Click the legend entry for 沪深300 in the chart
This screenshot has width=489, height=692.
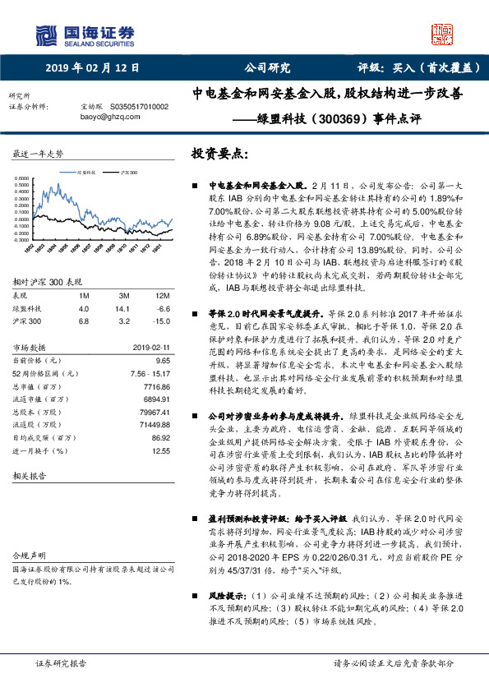coord(129,173)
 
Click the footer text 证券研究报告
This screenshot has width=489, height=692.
coord(60,663)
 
